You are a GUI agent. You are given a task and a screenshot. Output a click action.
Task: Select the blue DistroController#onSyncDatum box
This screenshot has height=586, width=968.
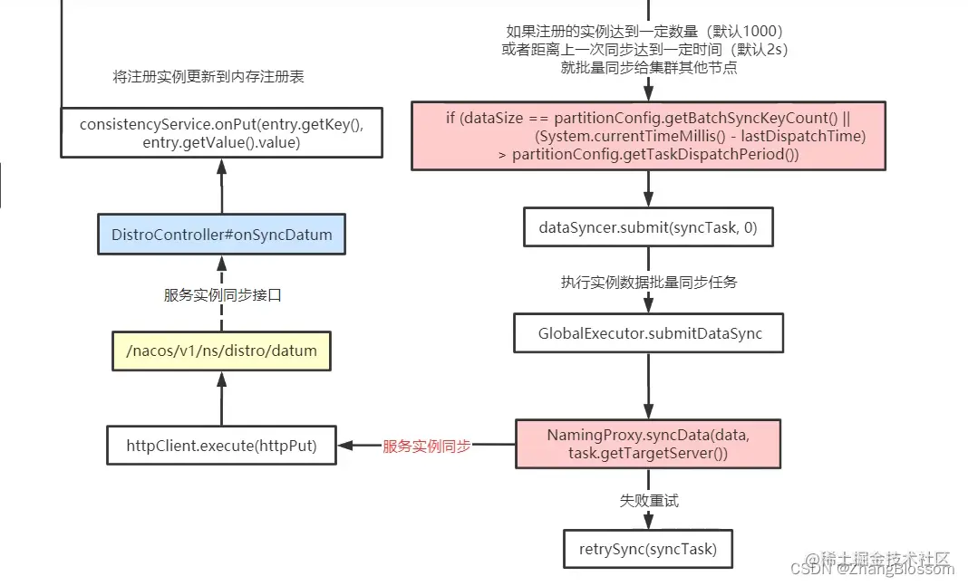coord(221,235)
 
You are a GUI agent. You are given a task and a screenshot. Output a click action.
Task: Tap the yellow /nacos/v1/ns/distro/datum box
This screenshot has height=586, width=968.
coord(221,351)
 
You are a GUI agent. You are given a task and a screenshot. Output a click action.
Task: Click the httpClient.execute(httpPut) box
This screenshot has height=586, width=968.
coord(221,445)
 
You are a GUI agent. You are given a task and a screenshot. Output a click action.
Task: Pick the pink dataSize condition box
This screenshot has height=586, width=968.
coord(648,136)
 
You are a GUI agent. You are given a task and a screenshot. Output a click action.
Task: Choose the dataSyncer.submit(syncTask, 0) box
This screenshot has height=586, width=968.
coord(648,227)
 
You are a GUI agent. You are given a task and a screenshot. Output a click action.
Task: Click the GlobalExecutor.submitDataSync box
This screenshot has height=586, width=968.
coord(648,333)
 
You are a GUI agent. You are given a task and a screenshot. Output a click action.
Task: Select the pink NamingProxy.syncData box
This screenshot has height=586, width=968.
coord(648,444)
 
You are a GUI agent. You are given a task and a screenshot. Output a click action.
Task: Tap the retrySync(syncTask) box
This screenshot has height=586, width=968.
coord(648,549)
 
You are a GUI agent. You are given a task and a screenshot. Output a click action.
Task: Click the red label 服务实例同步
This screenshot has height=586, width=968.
coord(426,446)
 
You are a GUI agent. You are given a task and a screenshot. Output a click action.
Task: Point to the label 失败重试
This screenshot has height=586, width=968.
coord(648,500)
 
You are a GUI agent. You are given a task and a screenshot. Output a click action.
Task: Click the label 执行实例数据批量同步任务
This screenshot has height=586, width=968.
coord(648,282)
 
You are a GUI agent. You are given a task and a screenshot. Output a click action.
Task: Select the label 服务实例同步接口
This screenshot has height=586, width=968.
coord(222,295)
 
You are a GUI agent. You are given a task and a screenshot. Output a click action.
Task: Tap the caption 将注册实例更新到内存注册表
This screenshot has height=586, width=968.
coord(208,77)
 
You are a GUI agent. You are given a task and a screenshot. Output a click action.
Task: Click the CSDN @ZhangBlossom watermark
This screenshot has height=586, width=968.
coord(871,569)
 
